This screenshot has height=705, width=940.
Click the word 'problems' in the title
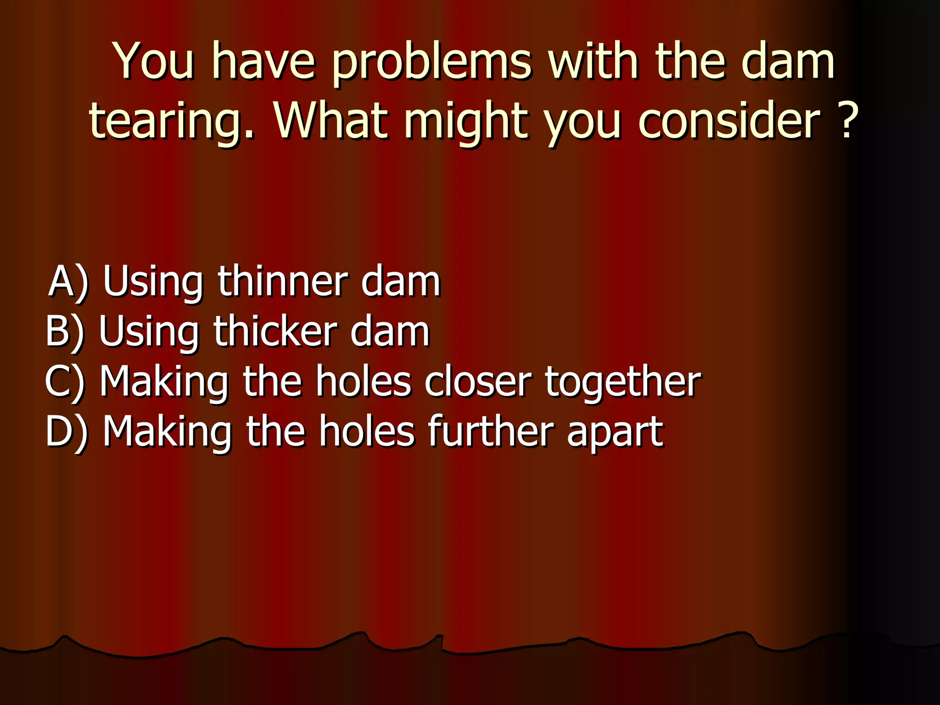click(x=431, y=62)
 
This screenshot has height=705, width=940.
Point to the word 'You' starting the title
click(x=154, y=62)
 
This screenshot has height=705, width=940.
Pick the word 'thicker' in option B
click(x=275, y=331)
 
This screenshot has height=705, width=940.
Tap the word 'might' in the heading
click(x=465, y=122)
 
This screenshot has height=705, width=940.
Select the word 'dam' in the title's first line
click(x=788, y=62)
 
